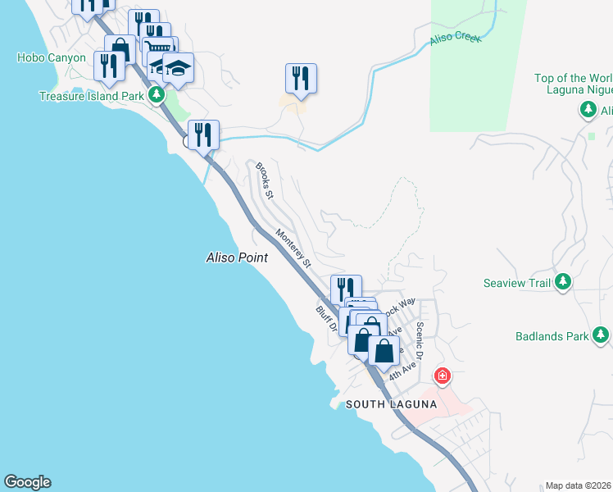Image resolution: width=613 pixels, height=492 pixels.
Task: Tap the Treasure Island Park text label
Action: click(90, 96)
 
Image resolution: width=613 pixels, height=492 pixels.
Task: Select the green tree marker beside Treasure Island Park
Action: click(155, 96)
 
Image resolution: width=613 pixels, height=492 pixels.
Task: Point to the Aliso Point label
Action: click(236, 257)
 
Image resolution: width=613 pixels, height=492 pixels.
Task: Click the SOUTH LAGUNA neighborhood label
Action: click(388, 404)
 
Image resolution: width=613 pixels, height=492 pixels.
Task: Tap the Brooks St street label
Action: click(263, 180)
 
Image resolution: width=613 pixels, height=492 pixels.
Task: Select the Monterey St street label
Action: click(293, 248)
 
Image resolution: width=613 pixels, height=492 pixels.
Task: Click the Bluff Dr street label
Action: click(327, 321)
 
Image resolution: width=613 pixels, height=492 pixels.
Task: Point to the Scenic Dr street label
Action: click(419, 340)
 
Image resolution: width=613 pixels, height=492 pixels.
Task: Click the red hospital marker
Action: click(443, 376)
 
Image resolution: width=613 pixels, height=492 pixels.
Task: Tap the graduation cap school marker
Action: click(178, 68)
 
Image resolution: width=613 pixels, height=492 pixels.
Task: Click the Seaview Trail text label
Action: click(515, 283)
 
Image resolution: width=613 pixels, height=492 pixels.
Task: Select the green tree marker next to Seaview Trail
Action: click(562, 283)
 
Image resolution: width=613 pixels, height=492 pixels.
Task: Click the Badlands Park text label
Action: click(552, 336)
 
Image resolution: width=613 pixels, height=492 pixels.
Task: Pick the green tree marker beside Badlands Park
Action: click(602, 335)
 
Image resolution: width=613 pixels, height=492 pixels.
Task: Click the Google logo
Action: click(27, 482)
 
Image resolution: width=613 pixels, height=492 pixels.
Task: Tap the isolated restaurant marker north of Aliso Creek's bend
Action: click(301, 78)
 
